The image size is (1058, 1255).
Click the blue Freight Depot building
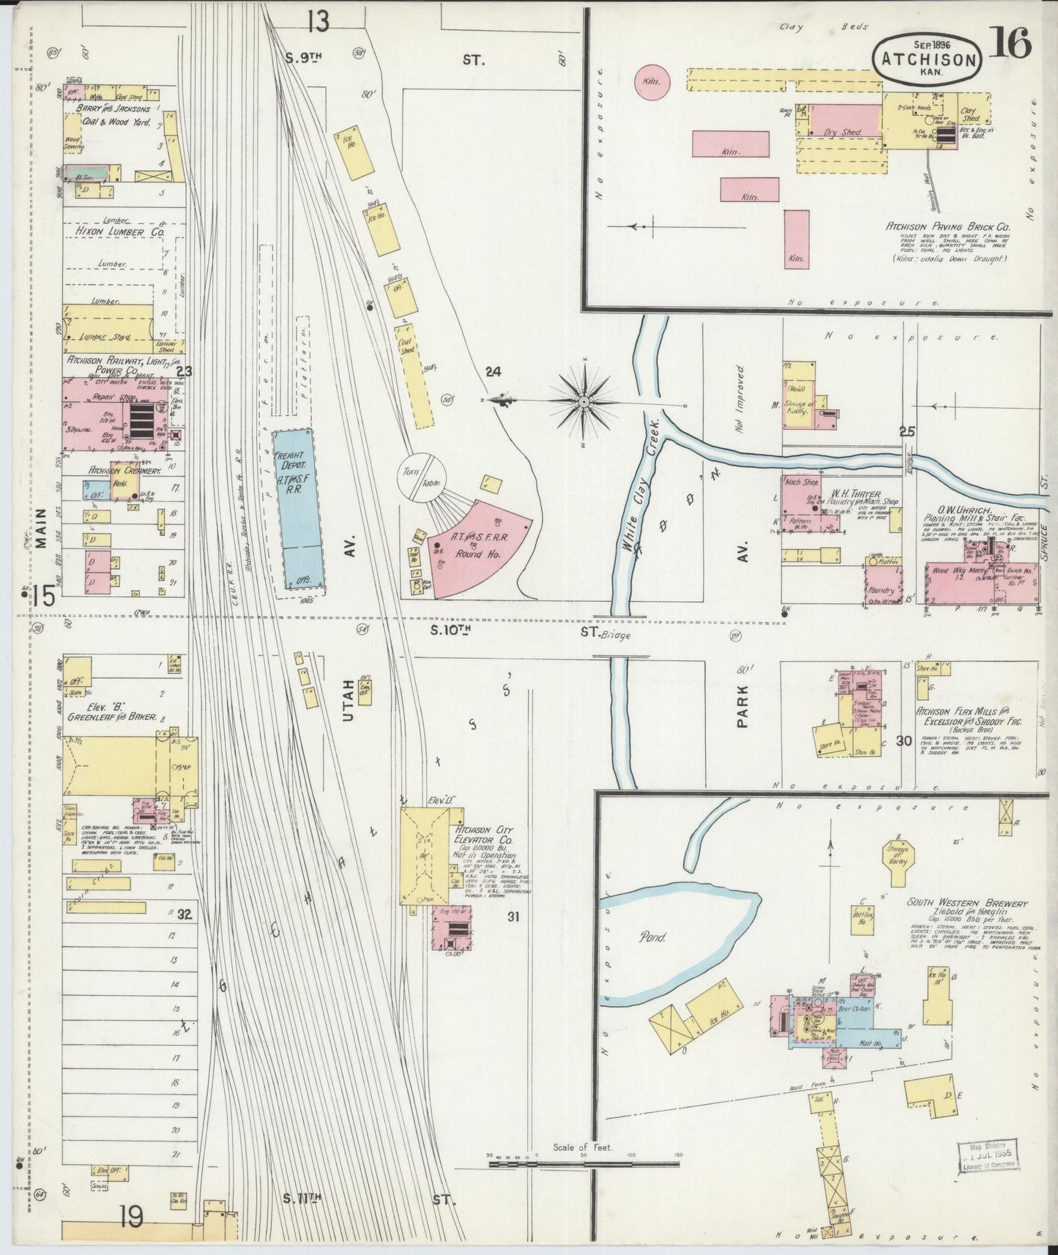pyautogui.click(x=298, y=509)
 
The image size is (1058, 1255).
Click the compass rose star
pyautogui.click(x=585, y=401)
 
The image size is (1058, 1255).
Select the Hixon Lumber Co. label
pyautogui.click(x=119, y=231)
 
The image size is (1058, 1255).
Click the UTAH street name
pyautogui.click(x=349, y=699)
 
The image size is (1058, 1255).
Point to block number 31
pyautogui.click(x=513, y=915)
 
